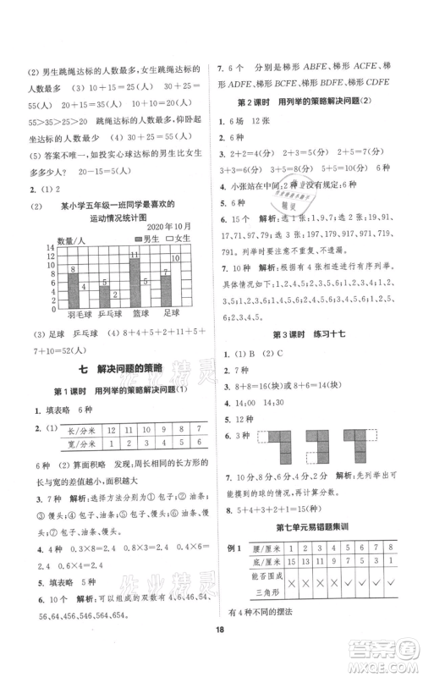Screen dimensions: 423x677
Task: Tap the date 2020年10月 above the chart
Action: [x=166, y=227]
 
